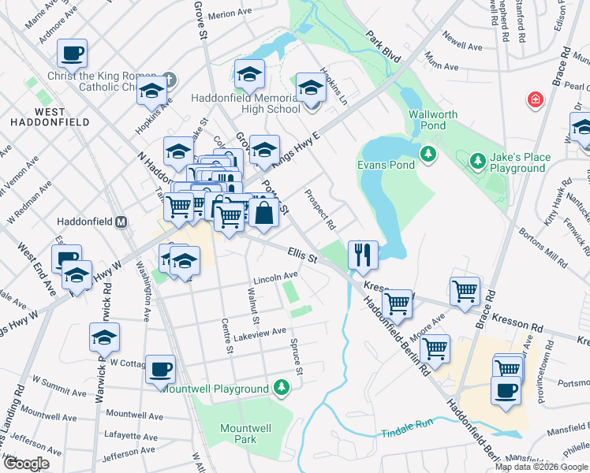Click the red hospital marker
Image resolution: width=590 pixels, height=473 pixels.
pyautogui.click(x=536, y=100)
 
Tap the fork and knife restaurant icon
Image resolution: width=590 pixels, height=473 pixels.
pyautogui.click(x=363, y=254)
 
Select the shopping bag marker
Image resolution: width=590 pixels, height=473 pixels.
pyautogui.click(x=263, y=214)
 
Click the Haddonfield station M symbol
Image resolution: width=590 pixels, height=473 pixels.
pyautogui.click(x=121, y=222)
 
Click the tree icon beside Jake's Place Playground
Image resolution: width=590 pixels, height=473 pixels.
pyautogui.click(x=477, y=162)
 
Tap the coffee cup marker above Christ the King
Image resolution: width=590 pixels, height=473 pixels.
pyautogui.click(x=72, y=54)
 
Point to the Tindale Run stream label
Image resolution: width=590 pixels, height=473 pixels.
pyautogui.click(x=408, y=423)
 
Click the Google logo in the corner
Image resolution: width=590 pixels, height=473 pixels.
pyautogui.click(x=26, y=464)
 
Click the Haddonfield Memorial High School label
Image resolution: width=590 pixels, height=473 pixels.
pyautogui.click(x=246, y=104)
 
